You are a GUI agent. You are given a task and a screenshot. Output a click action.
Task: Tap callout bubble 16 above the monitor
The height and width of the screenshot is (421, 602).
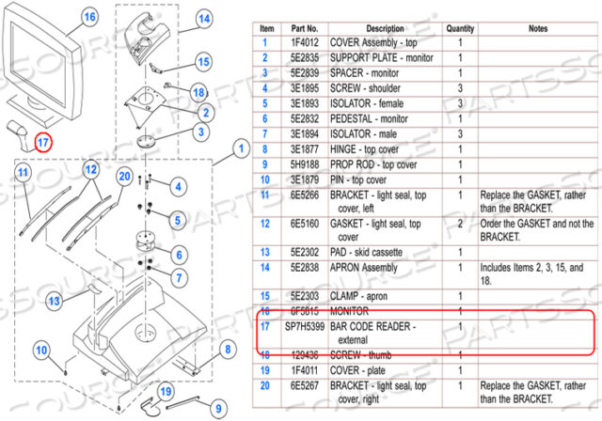point(89,16)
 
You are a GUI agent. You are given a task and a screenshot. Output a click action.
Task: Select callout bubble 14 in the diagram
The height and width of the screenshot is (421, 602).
point(204,18)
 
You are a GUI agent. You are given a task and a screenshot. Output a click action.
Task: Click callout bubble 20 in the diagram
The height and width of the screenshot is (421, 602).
point(124,176)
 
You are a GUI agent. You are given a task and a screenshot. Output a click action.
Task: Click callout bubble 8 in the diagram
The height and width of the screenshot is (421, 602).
point(226,351)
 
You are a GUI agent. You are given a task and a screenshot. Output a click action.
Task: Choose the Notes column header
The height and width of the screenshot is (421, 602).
point(537,29)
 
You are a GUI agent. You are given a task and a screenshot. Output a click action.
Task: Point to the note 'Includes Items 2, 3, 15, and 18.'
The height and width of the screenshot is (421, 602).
point(537,273)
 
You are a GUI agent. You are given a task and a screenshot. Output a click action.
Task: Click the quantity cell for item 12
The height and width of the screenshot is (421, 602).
point(460,225)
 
